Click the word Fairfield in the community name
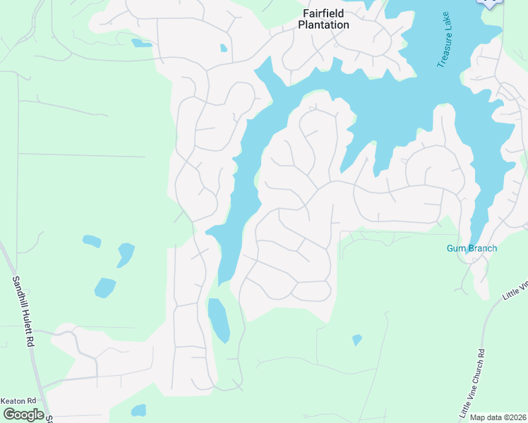pos(326,13)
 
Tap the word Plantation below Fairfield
pos(323,25)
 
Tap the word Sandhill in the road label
pos(18,293)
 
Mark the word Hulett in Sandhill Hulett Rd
pos(26,323)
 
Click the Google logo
pos(23,414)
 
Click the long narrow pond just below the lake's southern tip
pos(218,319)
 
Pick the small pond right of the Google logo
pos(138,410)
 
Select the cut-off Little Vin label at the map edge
pos(516,290)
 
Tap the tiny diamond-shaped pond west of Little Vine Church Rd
pos(357,340)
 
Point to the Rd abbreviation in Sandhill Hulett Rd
pos(30,341)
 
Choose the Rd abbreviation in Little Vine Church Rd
pos(480,355)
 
